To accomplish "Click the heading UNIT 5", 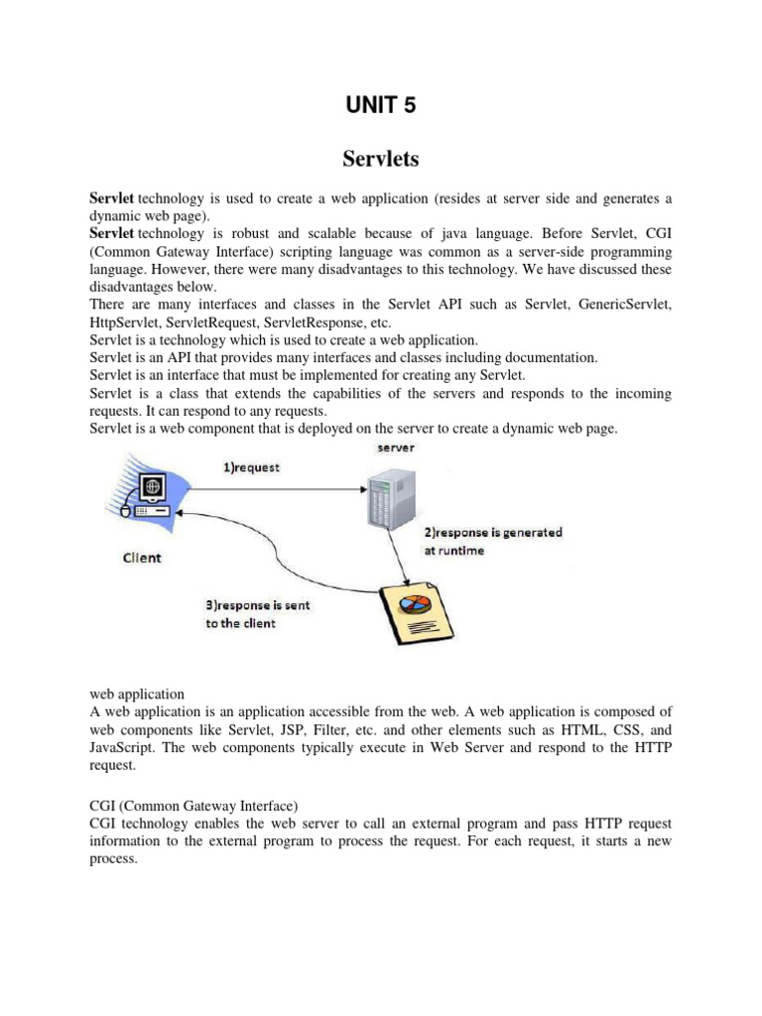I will pos(381,106).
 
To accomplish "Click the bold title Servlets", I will pos(380,160).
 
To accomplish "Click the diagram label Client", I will pos(142,558).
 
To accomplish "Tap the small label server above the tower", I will pos(395,447).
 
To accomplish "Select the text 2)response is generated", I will pos(493,533).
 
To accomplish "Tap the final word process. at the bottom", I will pos(112,858).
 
